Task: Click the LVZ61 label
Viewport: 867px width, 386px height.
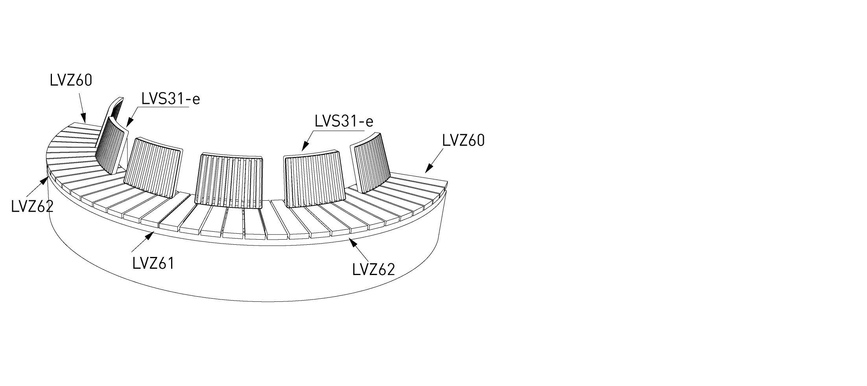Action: (x=153, y=263)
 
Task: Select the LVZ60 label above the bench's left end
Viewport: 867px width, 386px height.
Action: (x=71, y=80)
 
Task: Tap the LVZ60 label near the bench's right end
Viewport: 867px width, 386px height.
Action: (x=463, y=140)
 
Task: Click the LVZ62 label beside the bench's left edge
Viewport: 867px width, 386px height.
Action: (x=32, y=206)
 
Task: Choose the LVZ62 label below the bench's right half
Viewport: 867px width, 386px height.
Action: (x=373, y=270)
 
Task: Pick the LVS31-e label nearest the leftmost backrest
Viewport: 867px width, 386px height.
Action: (x=171, y=99)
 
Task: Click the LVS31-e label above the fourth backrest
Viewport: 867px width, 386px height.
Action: (x=344, y=122)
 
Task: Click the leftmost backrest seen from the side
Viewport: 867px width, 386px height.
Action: (x=112, y=136)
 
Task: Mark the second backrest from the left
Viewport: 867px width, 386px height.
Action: (x=153, y=167)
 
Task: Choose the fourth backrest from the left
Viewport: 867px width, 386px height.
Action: (x=315, y=179)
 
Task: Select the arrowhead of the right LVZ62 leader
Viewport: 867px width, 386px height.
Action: (x=353, y=242)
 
